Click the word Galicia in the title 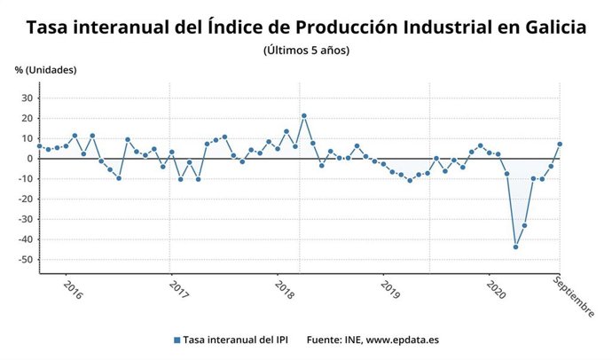click(551, 27)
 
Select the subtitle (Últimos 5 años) click(306, 51)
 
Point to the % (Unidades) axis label click(46, 70)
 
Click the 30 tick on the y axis click(27, 98)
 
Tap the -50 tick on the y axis click(25, 260)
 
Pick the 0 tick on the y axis click(30, 159)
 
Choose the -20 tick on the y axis click(25, 200)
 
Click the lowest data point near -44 click(515, 247)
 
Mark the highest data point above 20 click(304, 115)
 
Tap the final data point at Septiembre click(560, 144)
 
